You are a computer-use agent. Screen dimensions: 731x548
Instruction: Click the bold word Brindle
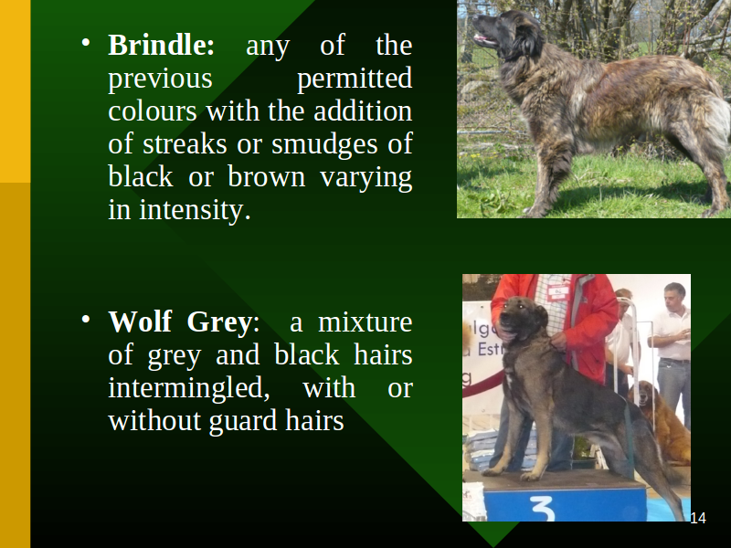(x=161, y=45)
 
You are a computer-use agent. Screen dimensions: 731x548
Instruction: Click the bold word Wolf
(x=140, y=321)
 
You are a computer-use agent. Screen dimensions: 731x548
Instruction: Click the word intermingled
(x=189, y=389)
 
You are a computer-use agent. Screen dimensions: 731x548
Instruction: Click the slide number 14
(x=698, y=518)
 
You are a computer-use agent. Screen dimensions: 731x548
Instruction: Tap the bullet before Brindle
(x=85, y=42)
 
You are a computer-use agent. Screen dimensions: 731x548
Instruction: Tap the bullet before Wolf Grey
(x=85, y=319)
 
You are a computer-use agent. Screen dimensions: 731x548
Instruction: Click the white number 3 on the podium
(x=543, y=509)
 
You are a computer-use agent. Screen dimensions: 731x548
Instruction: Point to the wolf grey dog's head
(x=521, y=318)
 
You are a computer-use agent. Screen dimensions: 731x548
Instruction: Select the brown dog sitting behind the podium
(x=662, y=419)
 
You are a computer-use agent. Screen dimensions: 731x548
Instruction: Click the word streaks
(x=185, y=145)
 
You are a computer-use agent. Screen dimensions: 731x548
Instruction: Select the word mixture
(x=365, y=322)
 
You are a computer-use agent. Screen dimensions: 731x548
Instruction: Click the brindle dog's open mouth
(x=485, y=39)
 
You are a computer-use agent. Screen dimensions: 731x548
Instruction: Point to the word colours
(x=152, y=111)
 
